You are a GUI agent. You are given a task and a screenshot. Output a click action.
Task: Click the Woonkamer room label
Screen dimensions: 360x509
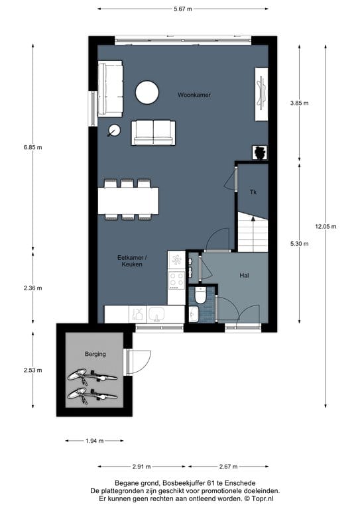194,95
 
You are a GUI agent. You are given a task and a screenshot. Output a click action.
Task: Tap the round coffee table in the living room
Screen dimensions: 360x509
147,93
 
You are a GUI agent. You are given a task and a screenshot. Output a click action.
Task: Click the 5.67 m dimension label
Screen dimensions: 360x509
183,9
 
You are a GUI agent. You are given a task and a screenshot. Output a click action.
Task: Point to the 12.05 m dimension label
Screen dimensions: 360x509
326,226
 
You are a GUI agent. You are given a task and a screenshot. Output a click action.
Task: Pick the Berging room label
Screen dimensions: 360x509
95,354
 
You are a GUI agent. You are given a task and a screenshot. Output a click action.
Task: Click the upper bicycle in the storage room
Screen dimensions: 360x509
92,376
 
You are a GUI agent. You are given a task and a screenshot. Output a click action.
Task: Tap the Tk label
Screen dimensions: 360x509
253,192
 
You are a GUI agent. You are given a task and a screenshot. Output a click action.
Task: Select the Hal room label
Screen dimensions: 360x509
244,276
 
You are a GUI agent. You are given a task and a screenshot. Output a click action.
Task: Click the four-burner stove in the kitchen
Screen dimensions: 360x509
176,280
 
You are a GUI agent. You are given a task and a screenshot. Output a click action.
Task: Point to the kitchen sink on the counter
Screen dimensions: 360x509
156,314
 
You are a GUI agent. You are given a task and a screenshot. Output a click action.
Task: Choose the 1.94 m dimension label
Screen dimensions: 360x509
94,441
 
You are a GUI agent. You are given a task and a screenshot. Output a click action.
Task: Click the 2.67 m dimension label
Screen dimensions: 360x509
228,467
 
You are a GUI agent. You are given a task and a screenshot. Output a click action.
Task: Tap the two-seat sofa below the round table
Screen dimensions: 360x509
153,133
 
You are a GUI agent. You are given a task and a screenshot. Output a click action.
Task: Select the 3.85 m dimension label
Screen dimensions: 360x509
299,103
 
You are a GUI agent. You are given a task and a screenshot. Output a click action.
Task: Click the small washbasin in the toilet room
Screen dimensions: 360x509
193,314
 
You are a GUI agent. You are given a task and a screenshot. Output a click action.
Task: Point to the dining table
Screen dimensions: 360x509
128,201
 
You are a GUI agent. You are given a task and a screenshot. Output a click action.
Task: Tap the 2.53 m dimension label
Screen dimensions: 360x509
32,370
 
